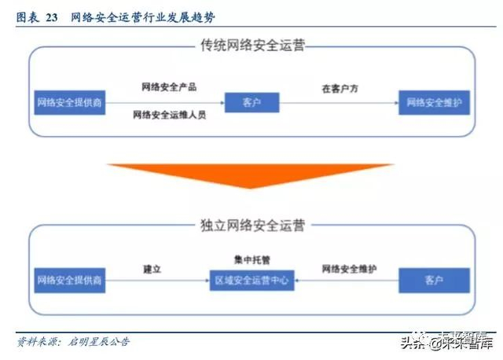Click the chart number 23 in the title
pos(50,17)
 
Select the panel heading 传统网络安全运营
pos(252,46)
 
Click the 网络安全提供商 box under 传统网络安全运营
pos(70,102)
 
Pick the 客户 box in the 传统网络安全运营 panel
pos(251,102)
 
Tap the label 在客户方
pos(340,89)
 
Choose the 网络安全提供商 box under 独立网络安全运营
pos(70,279)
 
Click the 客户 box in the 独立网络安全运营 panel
pos(434,279)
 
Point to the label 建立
pos(152,270)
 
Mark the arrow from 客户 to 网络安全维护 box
pos(338,102)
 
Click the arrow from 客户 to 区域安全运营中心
pos(347,279)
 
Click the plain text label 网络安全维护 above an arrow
pos(349,270)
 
